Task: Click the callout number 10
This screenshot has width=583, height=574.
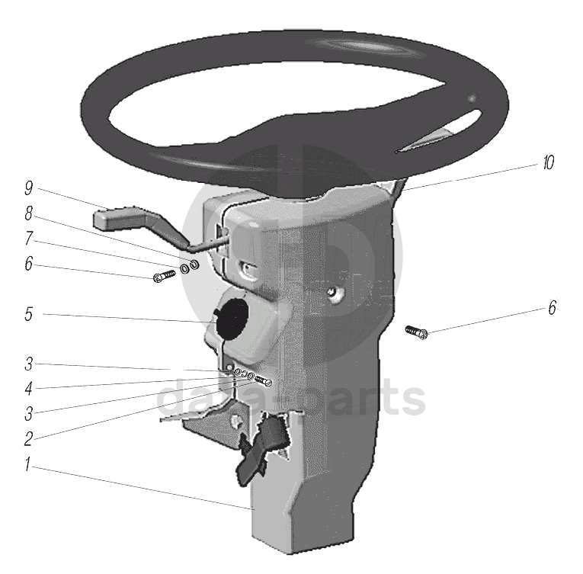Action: (x=549, y=162)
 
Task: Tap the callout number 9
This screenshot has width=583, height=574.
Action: (x=29, y=188)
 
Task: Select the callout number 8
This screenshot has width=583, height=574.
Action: (x=29, y=213)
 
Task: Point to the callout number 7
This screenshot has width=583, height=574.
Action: (x=29, y=238)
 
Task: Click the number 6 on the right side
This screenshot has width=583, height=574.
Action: (x=553, y=308)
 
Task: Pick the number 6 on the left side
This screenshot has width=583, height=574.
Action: (x=29, y=264)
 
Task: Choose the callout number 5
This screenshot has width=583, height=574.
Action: (x=29, y=314)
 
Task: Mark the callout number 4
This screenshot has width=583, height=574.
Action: (x=29, y=389)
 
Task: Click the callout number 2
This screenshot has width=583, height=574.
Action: (x=29, y=439)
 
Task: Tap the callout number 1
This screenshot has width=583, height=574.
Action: (x=27, y=464)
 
